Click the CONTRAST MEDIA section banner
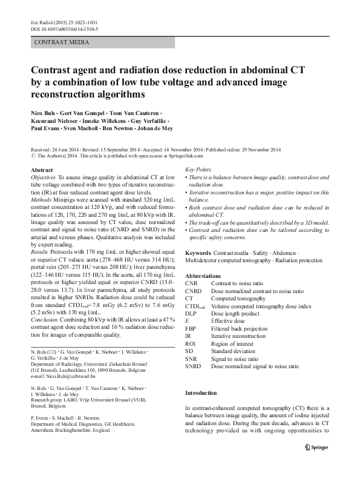click(x=62, y=42)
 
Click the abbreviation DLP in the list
click(x=192, y=313)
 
